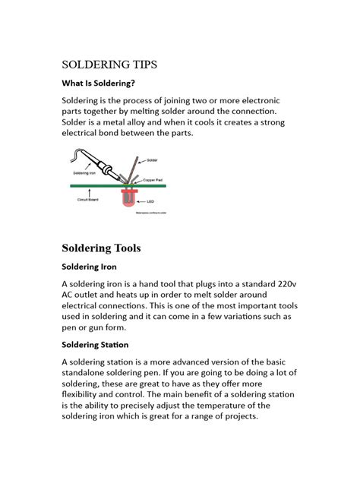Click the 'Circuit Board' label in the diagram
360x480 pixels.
tap(88, 199)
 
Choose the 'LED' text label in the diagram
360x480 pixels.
tap(151, 201)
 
